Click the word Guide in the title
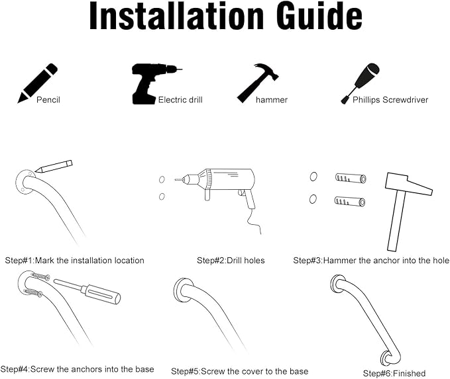coord(319,16)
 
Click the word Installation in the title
coord(176,16)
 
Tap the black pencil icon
coord(37,83)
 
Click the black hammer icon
coord(257,83)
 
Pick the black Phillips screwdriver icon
coord(360,83)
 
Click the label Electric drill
coord(180,100)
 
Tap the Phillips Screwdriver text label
coord(390,100)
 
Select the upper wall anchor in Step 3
coord(351,178)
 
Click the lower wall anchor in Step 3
coord(350,201)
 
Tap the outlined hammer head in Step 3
coord(408,184)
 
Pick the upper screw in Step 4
coord(40,276)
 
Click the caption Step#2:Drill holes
coord(231,261)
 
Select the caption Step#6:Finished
coord(394,373)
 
